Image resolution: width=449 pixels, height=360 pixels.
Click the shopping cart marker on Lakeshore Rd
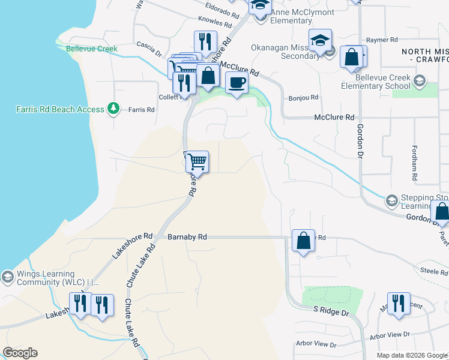[x=197, y=161]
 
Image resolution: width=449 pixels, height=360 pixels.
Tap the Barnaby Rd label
[x=187, y=237]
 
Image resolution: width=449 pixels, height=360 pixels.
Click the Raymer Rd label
[x=382, y=40]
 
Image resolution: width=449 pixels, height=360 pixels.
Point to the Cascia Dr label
[x=149, y=45]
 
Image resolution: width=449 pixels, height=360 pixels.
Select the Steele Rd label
[x=434, y=272]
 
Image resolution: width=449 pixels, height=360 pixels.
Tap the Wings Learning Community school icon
[x=7, y=277]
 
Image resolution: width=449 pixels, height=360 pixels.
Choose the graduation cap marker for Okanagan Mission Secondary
[x=320, y=40]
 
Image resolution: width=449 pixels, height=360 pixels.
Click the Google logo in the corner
[x=20, y=353]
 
